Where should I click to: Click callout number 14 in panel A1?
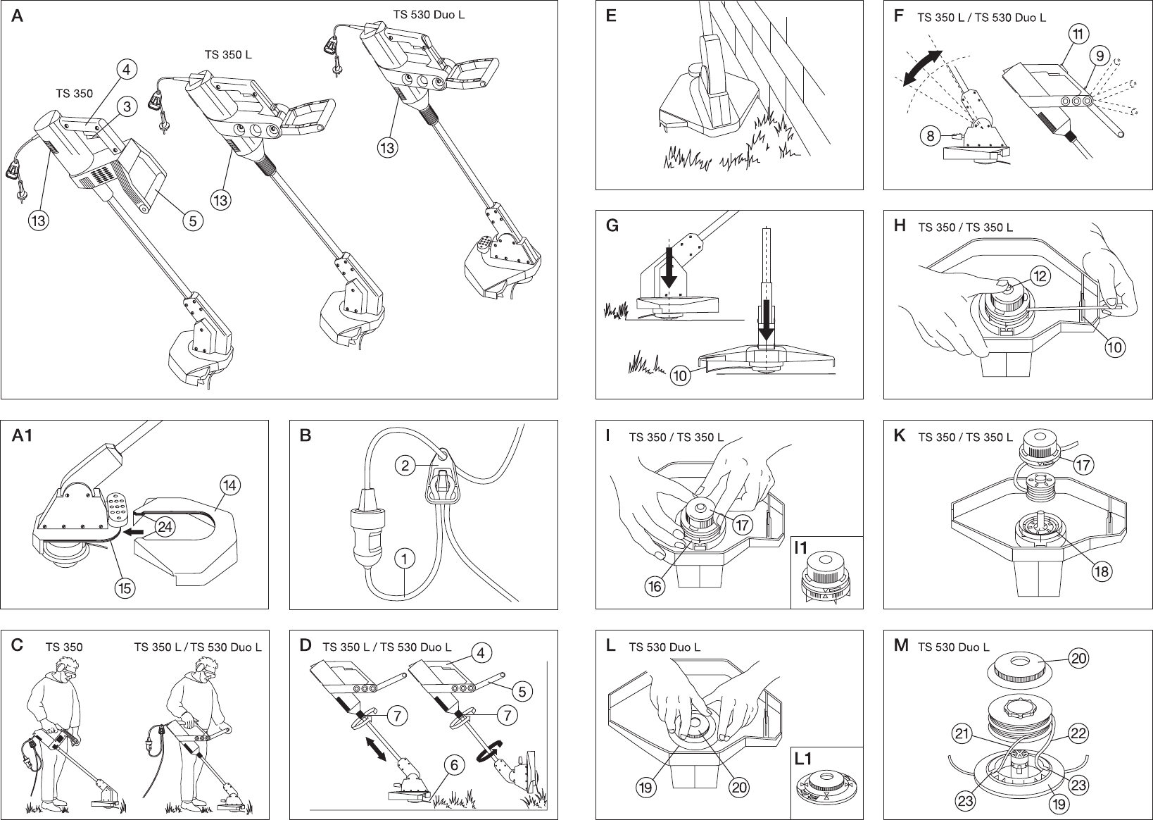(230, 485)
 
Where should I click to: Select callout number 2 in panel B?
(405, 465)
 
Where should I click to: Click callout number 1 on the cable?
(405, 559)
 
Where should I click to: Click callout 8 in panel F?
(931, 137)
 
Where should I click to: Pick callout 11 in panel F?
(1078, 34)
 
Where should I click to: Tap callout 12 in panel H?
(1040, 275)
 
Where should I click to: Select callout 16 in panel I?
(655, 586)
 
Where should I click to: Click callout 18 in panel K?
(1102, 571)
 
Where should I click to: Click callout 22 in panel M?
(1078, 733)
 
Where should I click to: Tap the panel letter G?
(612, 227)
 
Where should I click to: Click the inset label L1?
(804, 759)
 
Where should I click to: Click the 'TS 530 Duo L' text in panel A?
(428, 14)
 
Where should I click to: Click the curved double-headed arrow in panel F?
(922, 68)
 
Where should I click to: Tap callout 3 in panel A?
(127, 107)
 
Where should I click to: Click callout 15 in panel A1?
(125, 588)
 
